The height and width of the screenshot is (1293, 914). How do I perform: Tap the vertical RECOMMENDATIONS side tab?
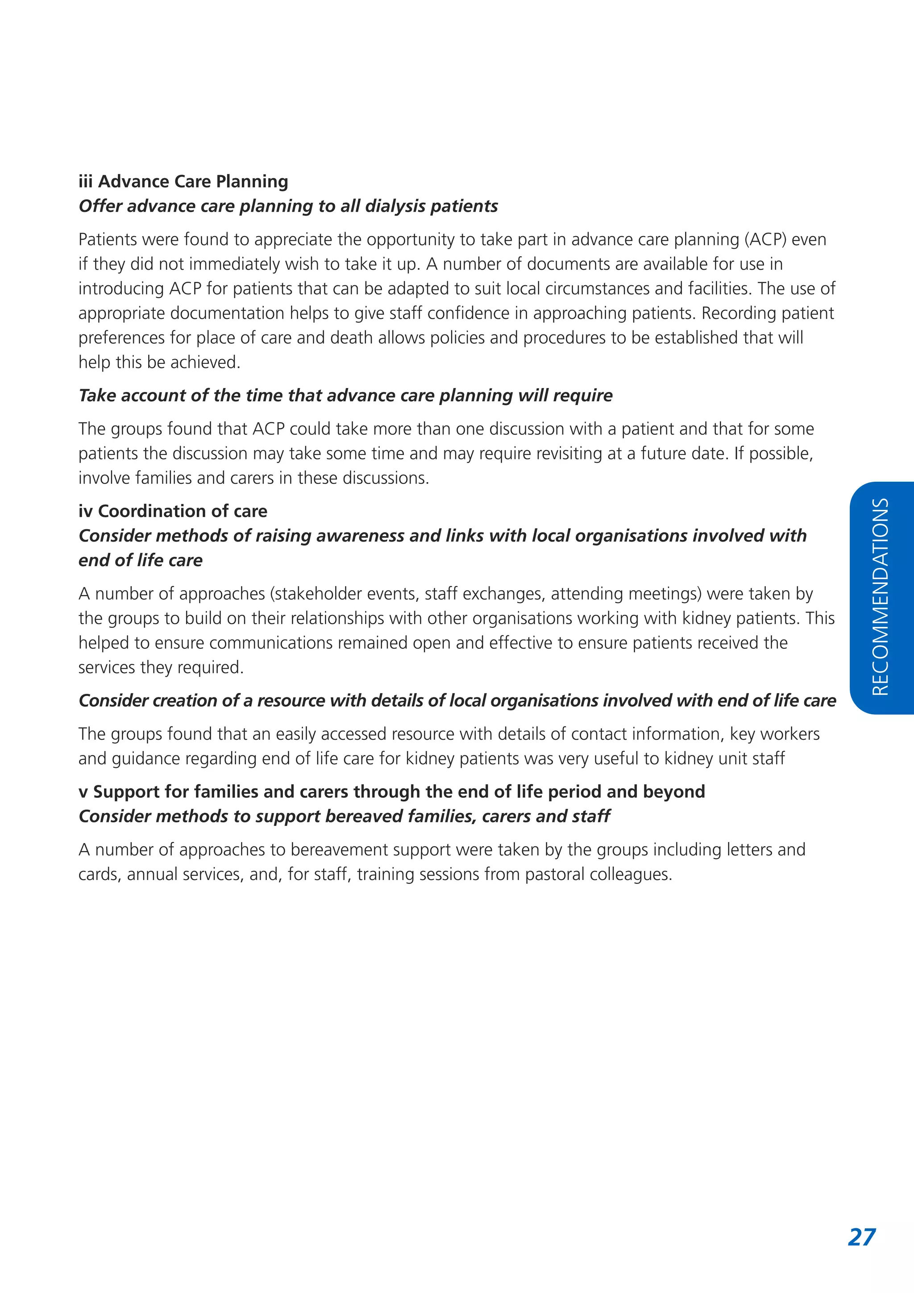coord(881,597)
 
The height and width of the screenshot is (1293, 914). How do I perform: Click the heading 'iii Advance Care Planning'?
coord(183,181)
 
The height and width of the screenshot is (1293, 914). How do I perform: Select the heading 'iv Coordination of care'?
coord(173,511)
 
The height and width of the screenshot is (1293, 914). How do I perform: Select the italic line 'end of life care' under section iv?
coord(140,560)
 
